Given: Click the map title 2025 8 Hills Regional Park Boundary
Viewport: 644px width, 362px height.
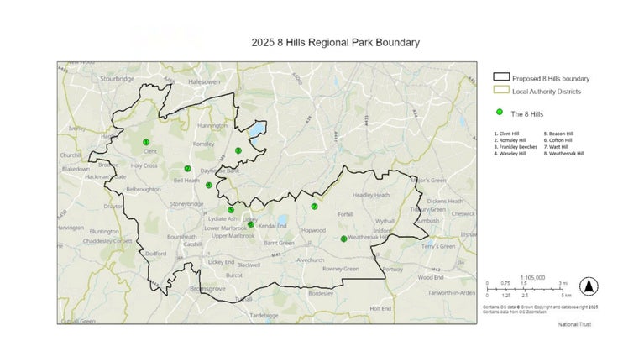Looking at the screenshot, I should pos(335,42).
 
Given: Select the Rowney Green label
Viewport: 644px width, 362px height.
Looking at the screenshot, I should pos(341,269).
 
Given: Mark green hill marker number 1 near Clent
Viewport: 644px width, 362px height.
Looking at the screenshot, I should pos(146,142).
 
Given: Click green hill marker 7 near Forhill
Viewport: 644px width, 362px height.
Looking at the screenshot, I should pos(314,207).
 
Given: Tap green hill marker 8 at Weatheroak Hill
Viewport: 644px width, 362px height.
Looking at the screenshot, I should pos(343,239).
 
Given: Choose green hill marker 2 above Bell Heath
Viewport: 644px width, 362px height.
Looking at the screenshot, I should pos(187,169).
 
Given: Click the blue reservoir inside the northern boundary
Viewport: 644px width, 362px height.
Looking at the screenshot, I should pos(255,130).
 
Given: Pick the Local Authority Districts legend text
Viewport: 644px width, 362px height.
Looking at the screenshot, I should pos(547,91).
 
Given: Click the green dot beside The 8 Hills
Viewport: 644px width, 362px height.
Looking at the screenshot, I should pos(500,113).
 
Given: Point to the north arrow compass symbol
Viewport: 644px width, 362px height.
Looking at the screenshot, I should pos(589,286).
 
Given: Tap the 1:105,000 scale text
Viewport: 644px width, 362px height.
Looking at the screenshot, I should pos(532,276).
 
